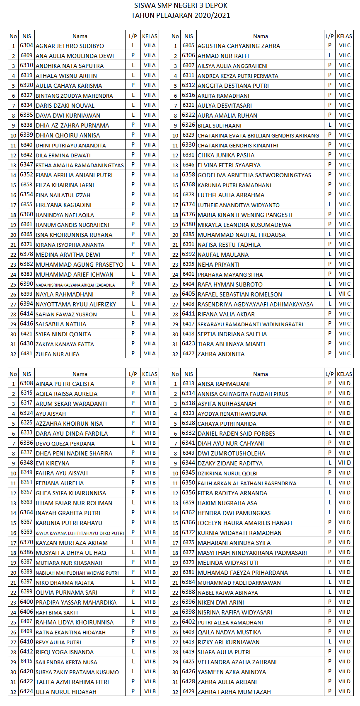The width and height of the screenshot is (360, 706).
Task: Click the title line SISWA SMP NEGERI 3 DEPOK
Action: pos(181,6)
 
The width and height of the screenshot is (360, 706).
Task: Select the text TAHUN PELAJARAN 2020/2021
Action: pos(181,16)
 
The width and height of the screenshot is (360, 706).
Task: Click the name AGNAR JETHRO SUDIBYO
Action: pos(70,46)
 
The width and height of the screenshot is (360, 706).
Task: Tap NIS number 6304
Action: pos(27,46)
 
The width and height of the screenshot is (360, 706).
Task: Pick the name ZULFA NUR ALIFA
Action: pos(57,354)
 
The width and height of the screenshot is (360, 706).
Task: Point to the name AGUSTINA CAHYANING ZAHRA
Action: pos(239,46)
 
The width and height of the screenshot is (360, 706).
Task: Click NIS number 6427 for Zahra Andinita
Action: pos(188,354)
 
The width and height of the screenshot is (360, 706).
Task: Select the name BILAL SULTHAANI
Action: pos(219,125)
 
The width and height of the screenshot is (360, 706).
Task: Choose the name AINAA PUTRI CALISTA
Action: pos(65,384)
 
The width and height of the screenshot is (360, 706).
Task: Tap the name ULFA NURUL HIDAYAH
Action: pos(66,692)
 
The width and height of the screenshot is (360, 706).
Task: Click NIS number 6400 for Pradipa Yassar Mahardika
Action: pos(27,602)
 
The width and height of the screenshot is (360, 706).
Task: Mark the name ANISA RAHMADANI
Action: pos(223,384)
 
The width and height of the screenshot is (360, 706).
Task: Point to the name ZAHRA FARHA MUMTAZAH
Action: pos(234,692)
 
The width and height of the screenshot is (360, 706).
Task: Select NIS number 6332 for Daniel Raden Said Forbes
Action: pos(188,433)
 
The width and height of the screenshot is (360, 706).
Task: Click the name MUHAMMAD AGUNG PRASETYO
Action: pos(80,265)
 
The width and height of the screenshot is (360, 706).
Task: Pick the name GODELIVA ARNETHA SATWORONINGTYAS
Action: pos(254,175)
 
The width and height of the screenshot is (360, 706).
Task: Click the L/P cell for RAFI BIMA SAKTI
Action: pos(133,612)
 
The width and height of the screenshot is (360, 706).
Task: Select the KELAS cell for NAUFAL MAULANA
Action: pos(344,254)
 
